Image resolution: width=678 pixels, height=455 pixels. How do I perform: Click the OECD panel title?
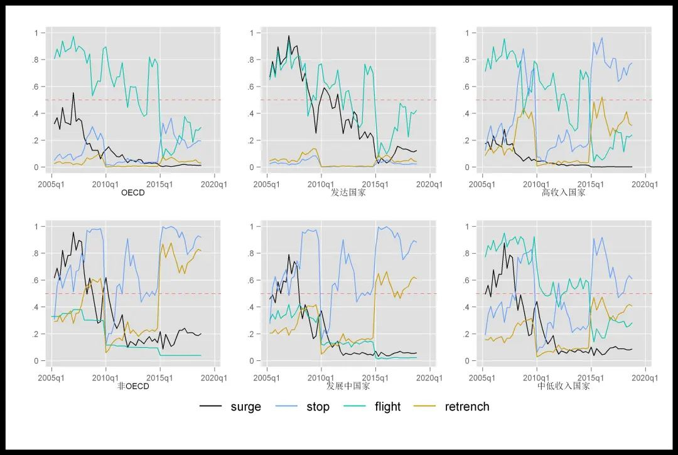(x=132, y=193)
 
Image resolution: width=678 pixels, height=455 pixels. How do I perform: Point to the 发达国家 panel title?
(x=348, y=193)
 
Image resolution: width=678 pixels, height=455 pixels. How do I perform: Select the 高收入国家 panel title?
(x=564, y=193)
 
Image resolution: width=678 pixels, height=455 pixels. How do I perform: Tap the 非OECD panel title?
(x=133, y=386)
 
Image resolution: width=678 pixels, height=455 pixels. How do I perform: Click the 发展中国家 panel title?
(x=348, y=386)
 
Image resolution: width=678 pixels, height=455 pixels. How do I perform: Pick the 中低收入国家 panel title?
(x=564, y=386)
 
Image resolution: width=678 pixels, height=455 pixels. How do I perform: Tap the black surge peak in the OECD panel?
(x=73, y=93)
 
